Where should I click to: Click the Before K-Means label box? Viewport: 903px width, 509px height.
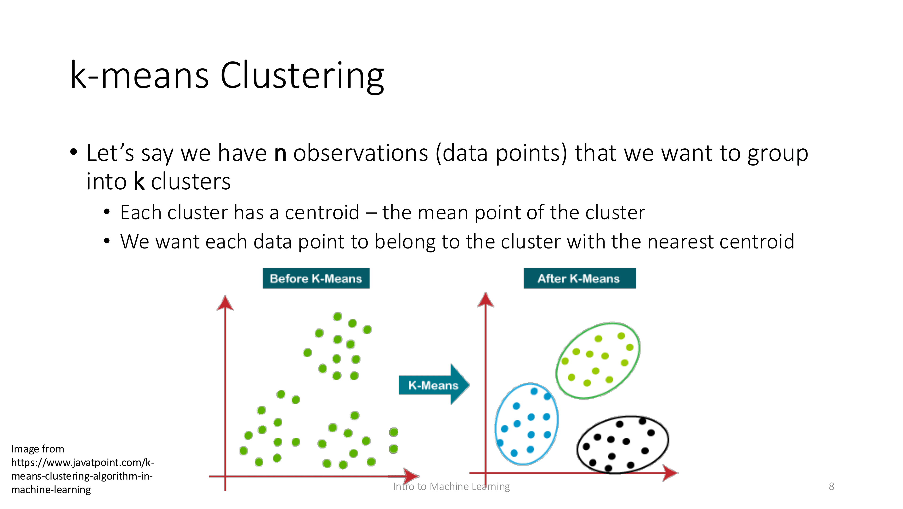316,278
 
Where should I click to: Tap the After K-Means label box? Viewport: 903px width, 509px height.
579,278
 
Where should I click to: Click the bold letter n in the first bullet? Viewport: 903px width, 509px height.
280,153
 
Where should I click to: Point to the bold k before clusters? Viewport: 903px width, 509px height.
139,182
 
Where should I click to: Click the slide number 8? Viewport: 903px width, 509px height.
831,486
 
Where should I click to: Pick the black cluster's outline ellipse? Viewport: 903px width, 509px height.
668,439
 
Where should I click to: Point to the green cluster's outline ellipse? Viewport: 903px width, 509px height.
639,347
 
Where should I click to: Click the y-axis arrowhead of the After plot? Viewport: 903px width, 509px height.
486,300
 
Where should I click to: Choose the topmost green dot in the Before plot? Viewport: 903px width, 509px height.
337,317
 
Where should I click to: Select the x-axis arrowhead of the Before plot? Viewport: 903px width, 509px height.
411,476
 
